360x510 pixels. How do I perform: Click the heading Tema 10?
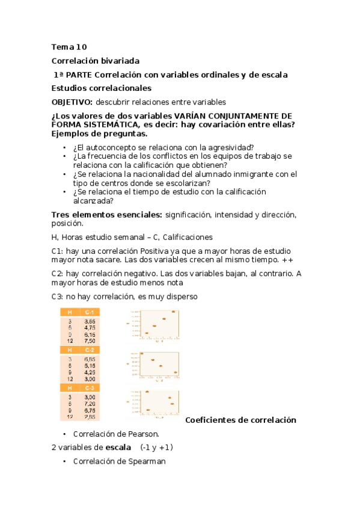click(70, 47)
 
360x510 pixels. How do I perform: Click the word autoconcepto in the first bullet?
click(109, 147)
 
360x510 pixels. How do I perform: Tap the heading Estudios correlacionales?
click(101, 88)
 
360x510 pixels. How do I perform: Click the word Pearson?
click(144, 433)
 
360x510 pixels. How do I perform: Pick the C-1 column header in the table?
click(89, 312)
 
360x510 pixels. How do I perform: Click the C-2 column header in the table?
click(89, 349)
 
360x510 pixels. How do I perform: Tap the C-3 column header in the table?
click(89, 387)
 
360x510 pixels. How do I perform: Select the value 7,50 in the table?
click(89, 340)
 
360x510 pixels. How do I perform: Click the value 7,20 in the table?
click(89, 404)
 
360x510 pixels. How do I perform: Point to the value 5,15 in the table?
click(89, 365)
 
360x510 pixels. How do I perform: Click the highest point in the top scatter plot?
click(174, 312)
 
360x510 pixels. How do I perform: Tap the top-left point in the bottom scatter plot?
click(147, 392)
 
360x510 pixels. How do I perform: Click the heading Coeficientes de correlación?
click(240, 420)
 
